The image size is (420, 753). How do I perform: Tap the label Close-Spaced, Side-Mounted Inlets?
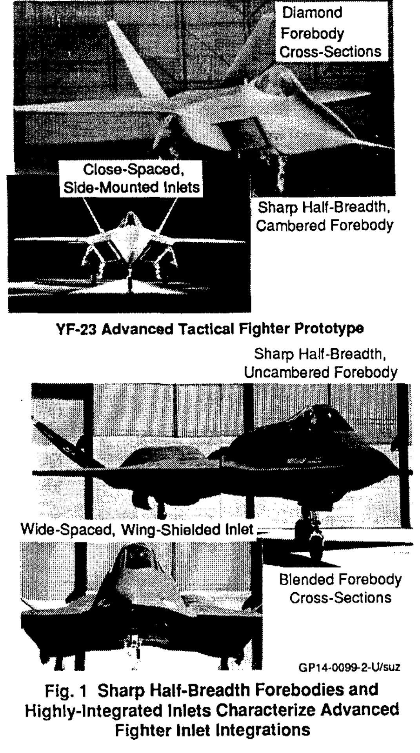pos(132,179)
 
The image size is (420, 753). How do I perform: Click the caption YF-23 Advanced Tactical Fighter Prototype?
pos(210,328)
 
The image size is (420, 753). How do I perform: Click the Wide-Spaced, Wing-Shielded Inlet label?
pos(137,530)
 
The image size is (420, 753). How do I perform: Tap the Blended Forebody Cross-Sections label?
pos(340,588)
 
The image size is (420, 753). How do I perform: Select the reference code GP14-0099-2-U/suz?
pos(349,667)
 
